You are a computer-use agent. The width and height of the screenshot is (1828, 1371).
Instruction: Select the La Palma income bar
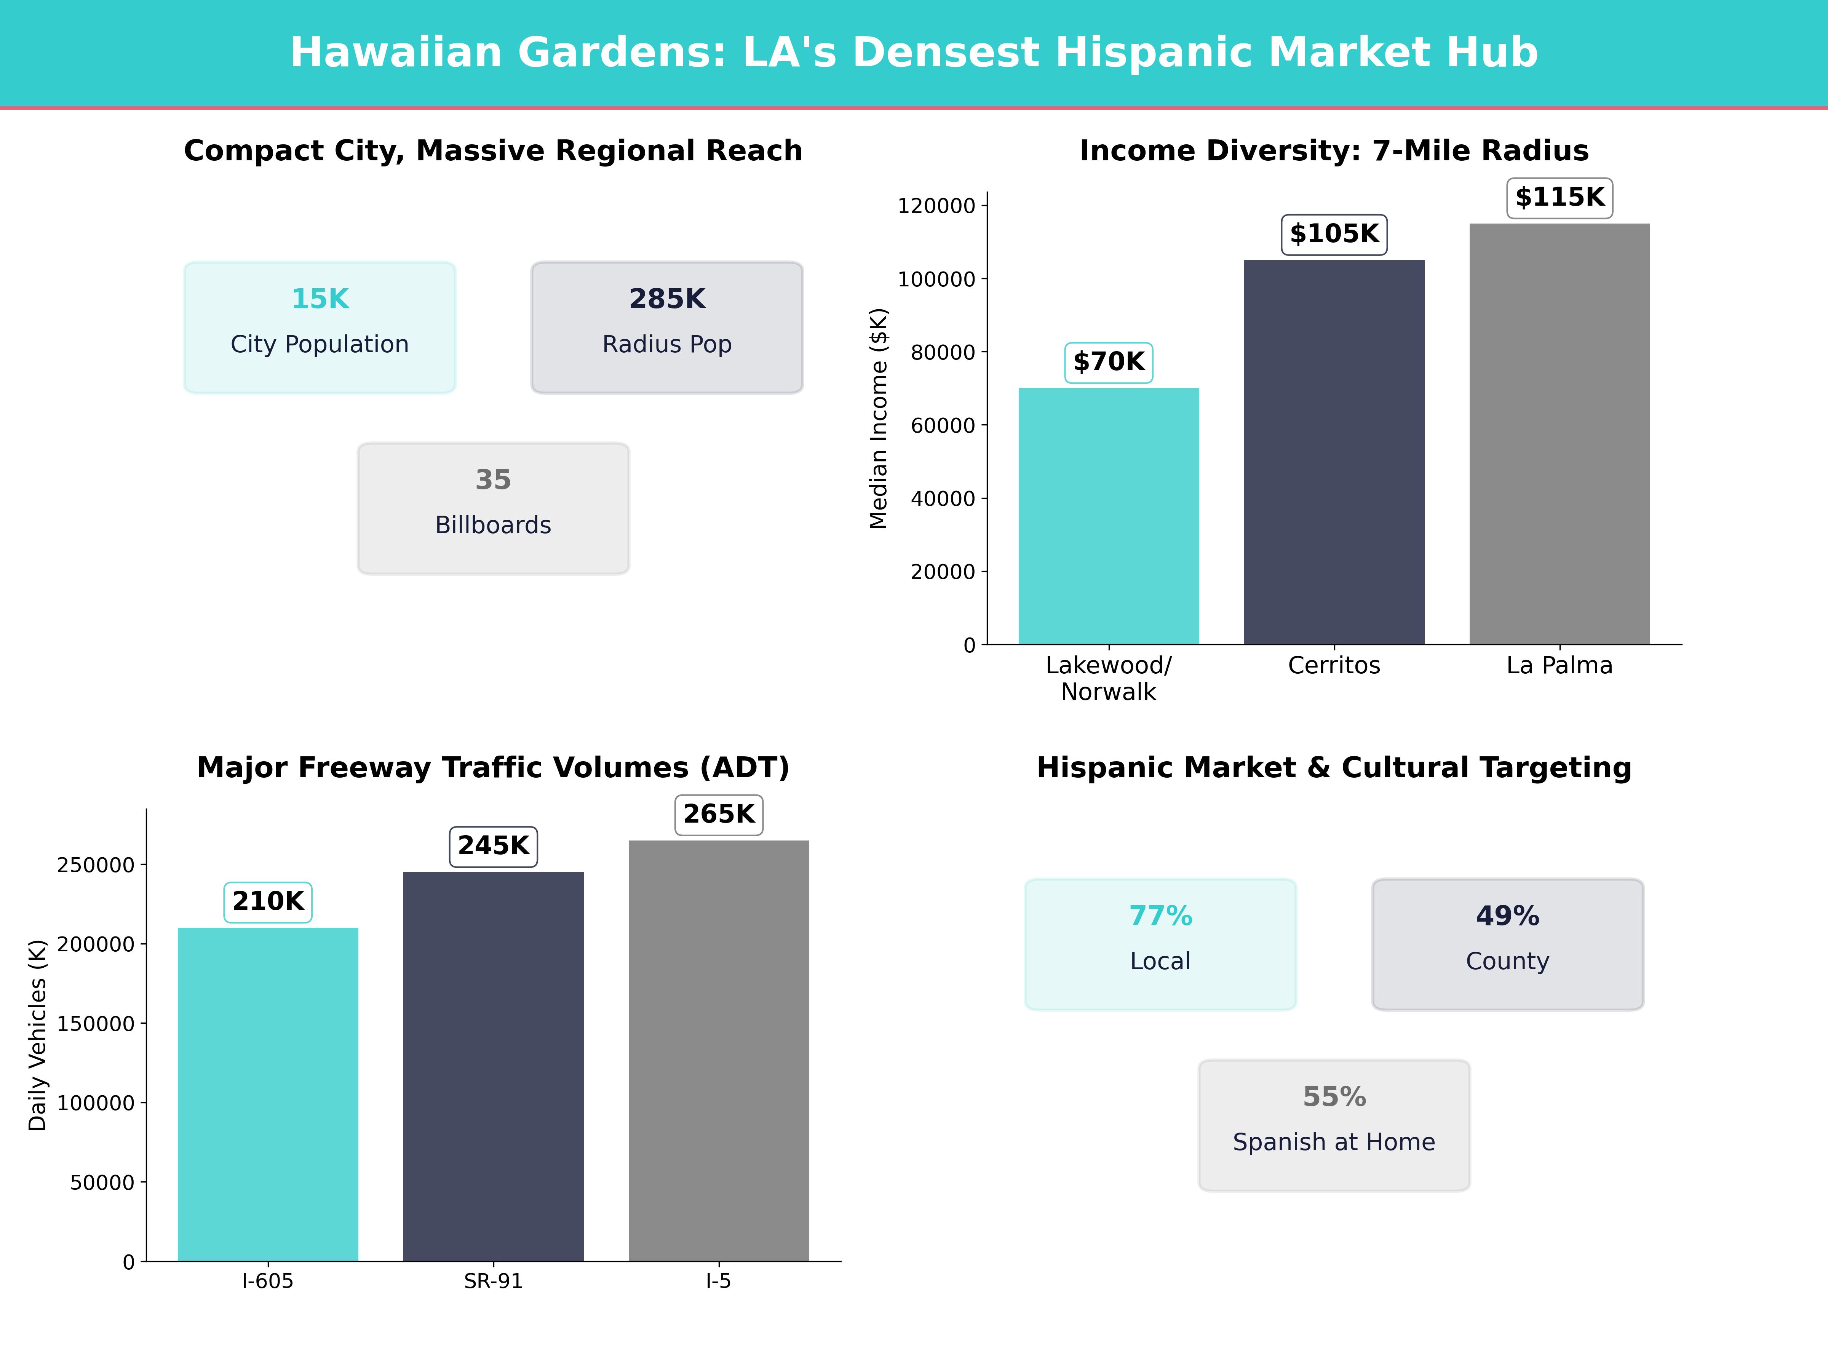coord(1560,434)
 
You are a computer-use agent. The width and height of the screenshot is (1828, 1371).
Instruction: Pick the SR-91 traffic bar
coord(493,1066)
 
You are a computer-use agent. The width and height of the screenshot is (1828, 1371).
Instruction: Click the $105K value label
coord(1334,234)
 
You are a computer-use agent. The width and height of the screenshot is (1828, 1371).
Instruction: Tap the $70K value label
coord(1108,362)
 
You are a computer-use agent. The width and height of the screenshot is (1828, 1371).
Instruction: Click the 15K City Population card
coord(320,327)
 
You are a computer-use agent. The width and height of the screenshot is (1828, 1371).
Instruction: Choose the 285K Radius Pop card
coord(667,327)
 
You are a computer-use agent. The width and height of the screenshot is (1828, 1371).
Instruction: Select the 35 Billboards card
coord(493,508)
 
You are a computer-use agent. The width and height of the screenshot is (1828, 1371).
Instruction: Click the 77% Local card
coord(1160,944)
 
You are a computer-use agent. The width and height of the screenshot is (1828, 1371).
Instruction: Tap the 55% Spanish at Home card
coord(1334,1125)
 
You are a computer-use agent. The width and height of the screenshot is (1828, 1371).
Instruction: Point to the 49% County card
coord(1507,944)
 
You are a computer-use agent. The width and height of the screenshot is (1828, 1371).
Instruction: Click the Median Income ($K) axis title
coord(879,418)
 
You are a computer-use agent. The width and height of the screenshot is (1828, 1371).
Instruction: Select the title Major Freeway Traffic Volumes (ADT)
coord(493,768)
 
